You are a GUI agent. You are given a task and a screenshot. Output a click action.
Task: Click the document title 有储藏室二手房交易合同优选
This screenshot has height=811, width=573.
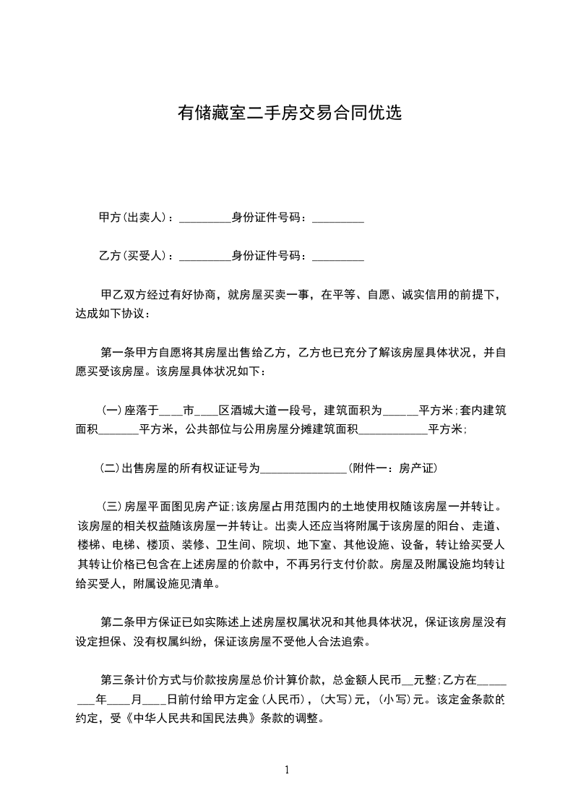tap(289, 113)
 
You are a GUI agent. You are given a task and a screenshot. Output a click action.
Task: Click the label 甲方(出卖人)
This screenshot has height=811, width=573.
tap(133, 218)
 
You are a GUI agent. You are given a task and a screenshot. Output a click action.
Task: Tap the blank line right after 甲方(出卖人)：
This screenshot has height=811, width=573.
tap(204, 219)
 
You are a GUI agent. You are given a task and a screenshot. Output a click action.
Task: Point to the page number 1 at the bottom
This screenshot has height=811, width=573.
tap(287, 770)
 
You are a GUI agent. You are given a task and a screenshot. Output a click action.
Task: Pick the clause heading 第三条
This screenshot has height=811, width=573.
tap(116, 679)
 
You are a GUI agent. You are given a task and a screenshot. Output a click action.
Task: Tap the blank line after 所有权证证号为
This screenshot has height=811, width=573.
tap(303, 469)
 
